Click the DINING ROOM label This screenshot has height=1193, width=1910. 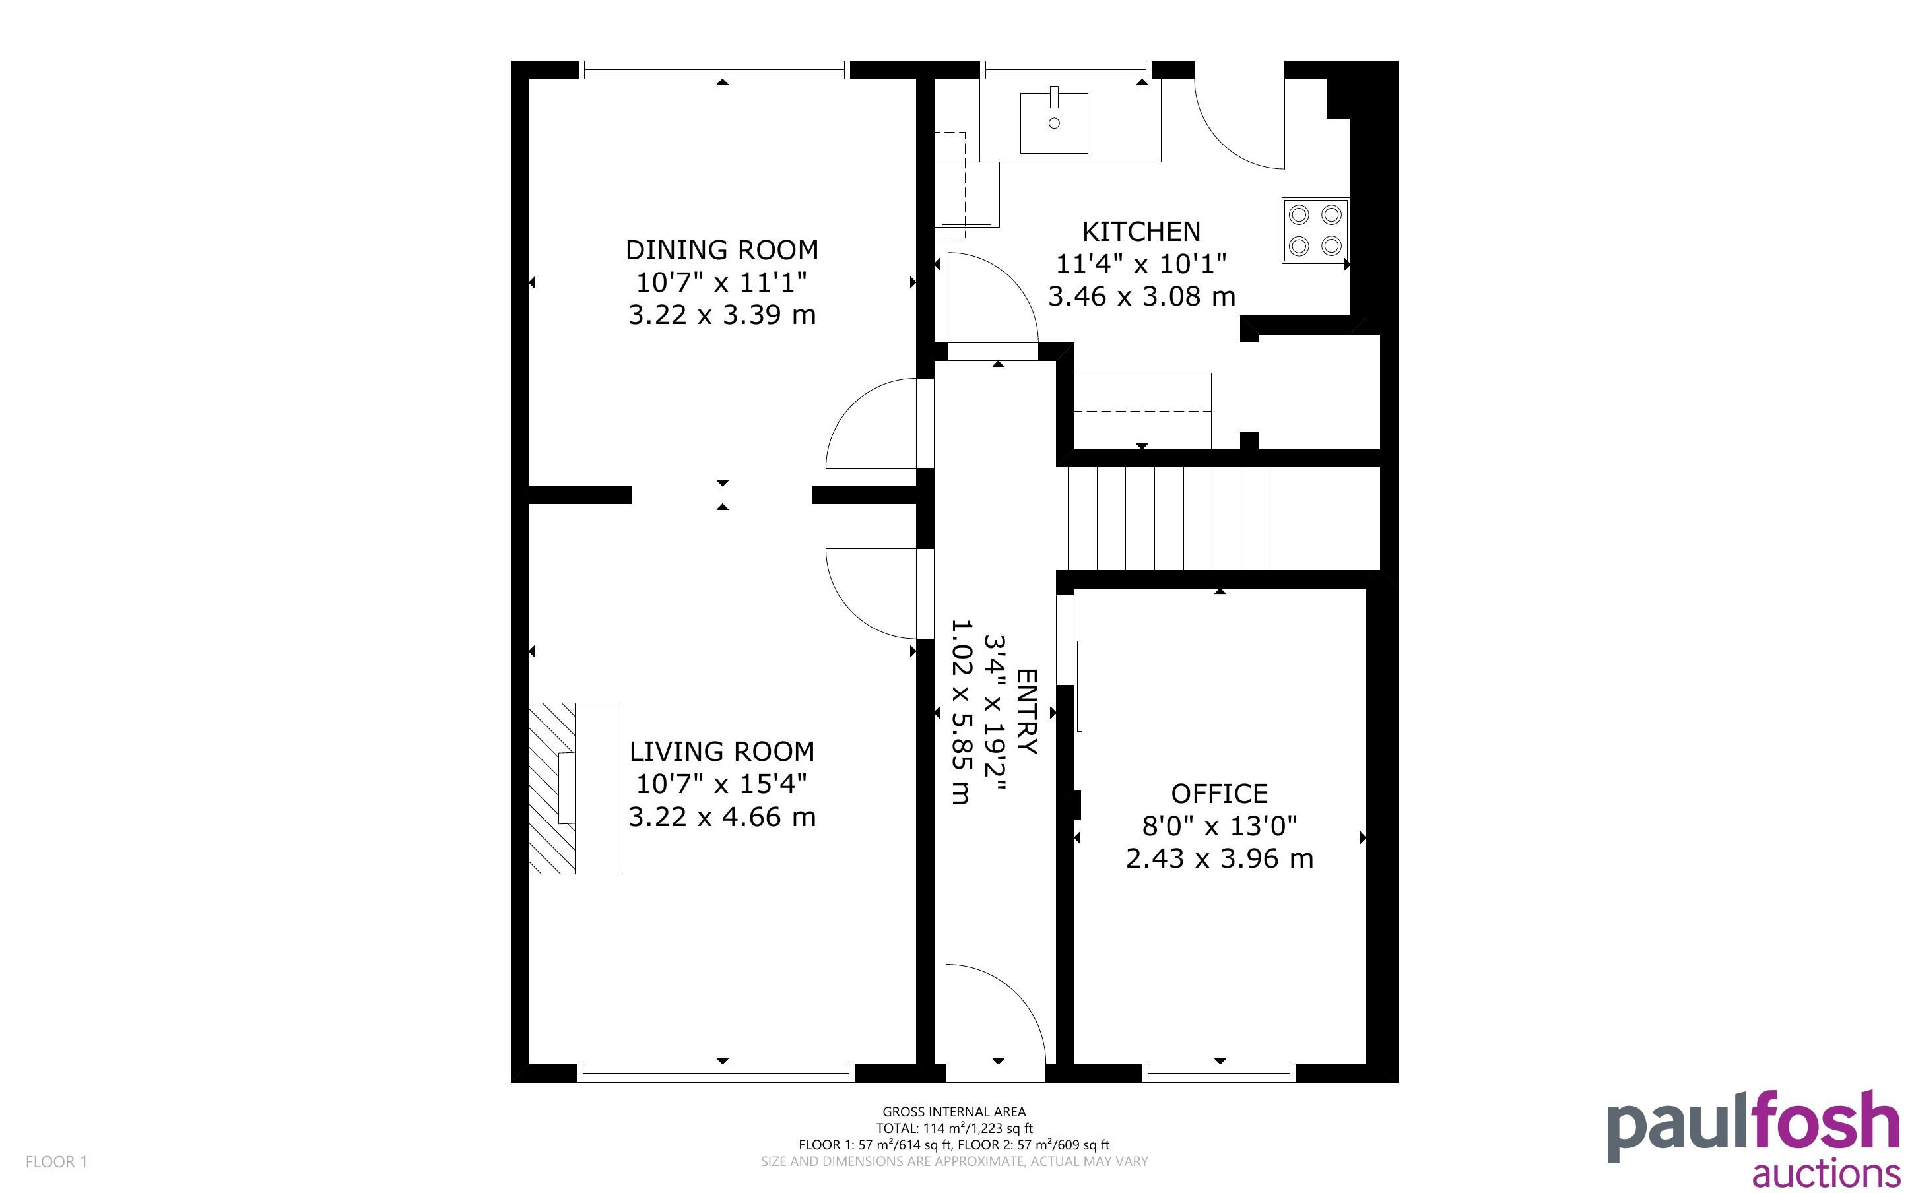[722, 250]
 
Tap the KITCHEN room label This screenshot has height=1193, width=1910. [1141, 232]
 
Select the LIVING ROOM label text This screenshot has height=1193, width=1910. [722, 751]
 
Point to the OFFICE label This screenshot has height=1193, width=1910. [1219, 793]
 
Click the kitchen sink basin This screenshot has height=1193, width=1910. [1054, 123]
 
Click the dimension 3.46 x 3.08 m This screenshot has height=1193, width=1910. [1142, 297]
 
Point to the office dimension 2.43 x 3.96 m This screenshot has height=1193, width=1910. [1219, 858]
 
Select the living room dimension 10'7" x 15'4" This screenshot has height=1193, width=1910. [722, 785]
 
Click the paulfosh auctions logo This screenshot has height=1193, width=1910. [1754, 1138]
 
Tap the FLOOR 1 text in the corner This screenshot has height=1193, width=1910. [57, 1161]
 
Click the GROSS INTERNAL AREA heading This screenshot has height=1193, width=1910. [954, 1112]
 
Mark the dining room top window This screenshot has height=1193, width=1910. [715, 70]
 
